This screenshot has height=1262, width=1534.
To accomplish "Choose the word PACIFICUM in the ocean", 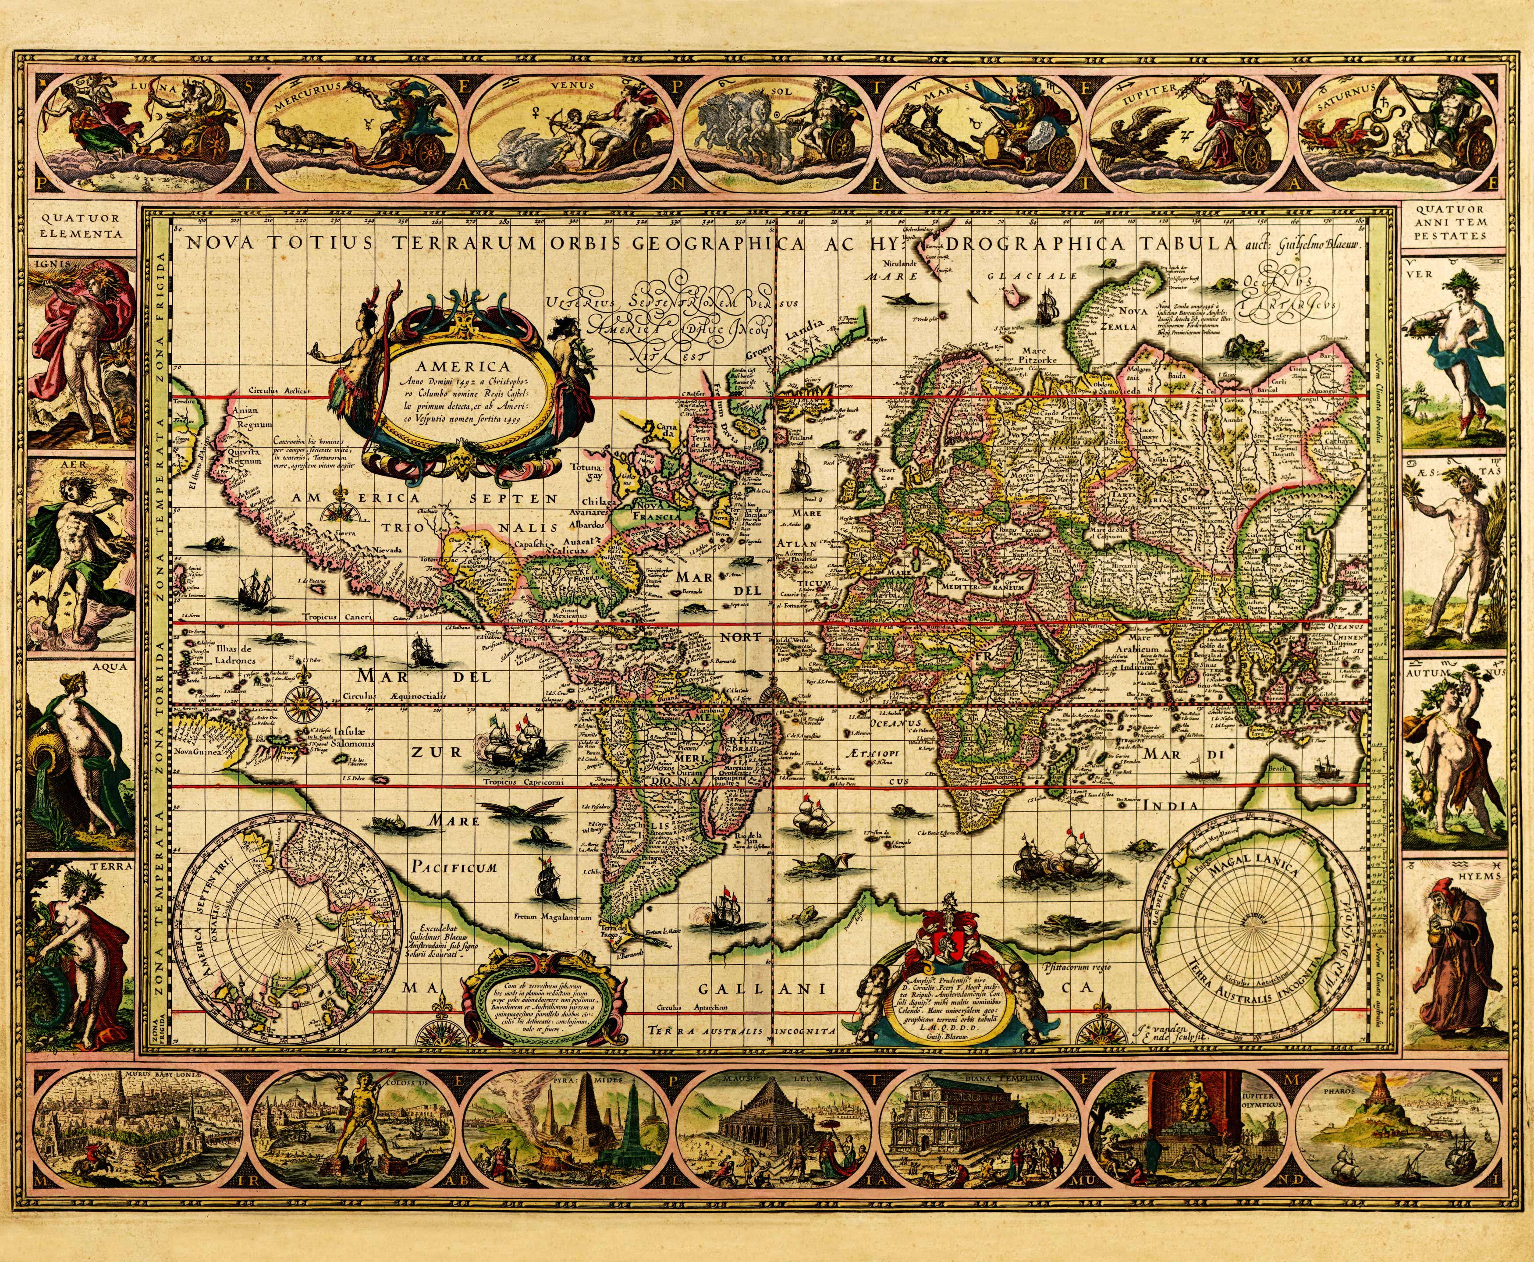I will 454,867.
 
